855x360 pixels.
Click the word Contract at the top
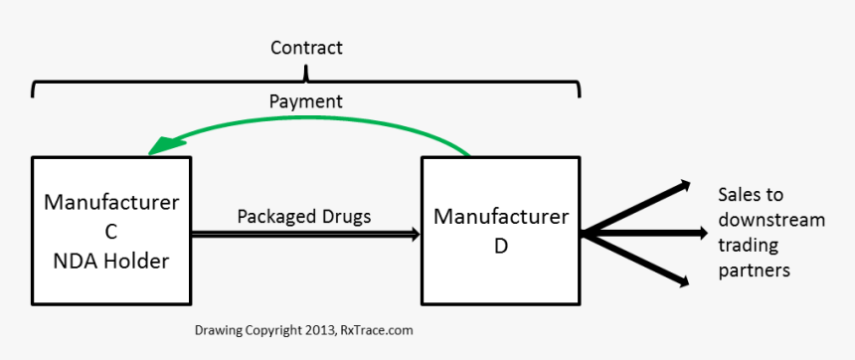tap(306, 48)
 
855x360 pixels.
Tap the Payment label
tap(306, 101)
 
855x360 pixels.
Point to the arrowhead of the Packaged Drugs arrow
tap(416, 235)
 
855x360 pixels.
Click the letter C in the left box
tap(111, 233)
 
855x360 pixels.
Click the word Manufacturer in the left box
tap(111, 203)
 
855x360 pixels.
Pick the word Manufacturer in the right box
tap(501, 217)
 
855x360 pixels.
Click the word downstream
tap(770, 220)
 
